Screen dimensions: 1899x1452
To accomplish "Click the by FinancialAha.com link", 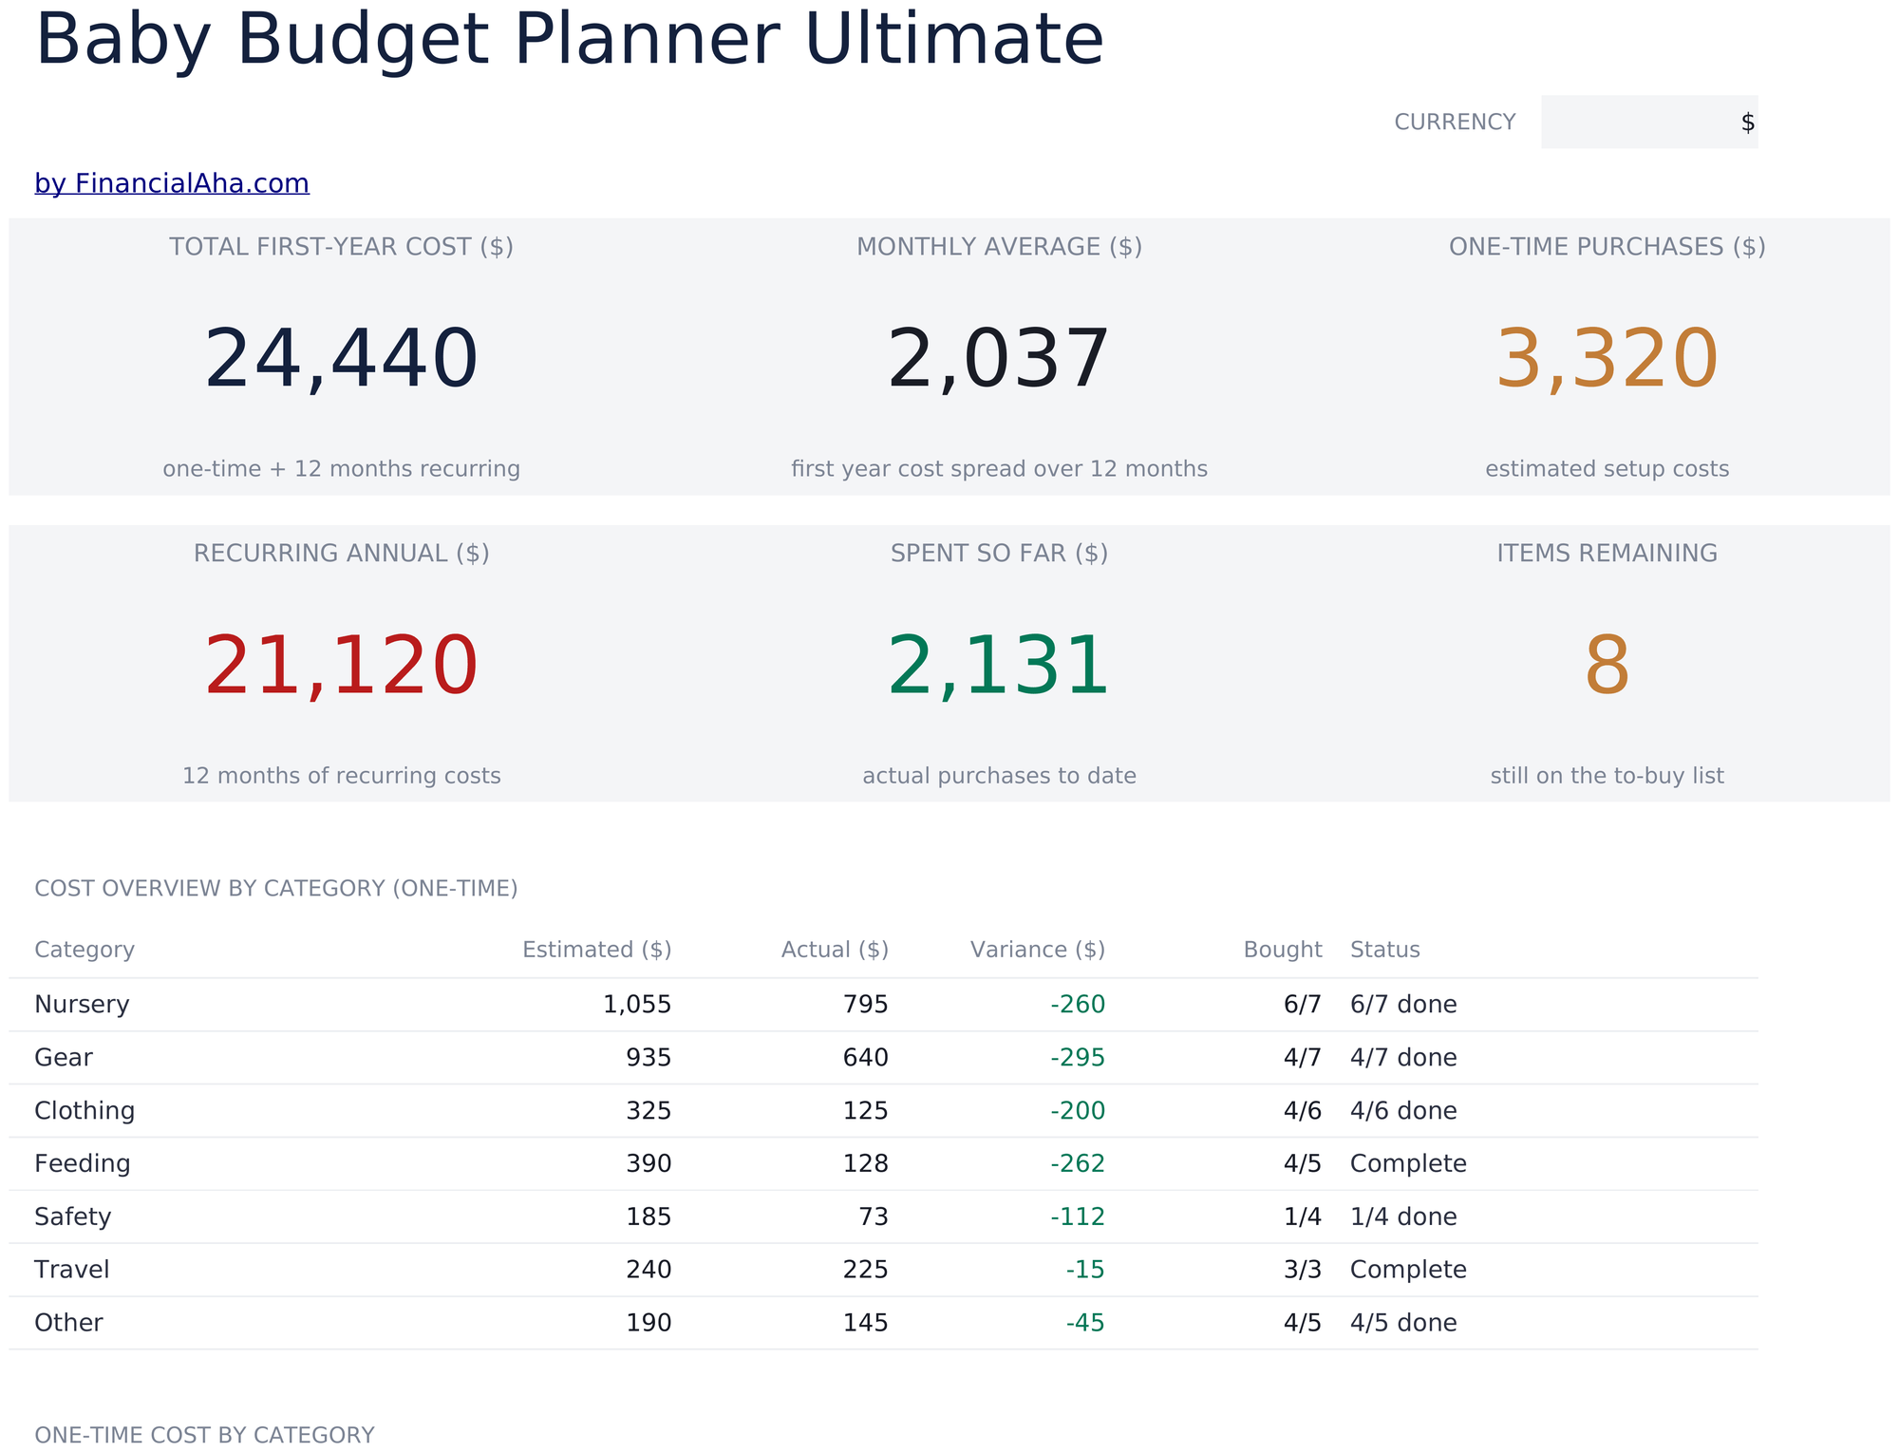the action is (172, 183).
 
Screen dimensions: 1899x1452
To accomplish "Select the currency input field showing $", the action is (1649, 122).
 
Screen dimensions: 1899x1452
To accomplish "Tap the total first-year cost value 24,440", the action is (341, 359).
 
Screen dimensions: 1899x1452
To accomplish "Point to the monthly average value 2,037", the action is (998, 359).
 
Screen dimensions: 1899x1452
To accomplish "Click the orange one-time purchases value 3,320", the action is (1607, 359).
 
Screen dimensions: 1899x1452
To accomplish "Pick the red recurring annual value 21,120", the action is (341, 666).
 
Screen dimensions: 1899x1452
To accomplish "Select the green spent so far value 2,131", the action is (998, 666).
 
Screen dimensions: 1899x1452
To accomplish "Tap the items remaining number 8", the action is (1607, 667).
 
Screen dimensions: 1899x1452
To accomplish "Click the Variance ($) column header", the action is (1038, 950).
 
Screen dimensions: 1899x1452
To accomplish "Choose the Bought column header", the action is (1283, 950).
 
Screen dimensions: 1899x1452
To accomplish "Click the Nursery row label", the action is (82, 1004).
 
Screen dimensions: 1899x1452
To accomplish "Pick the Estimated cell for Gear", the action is (649, 1057).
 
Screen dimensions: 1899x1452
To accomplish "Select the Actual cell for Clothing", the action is (866, 1110).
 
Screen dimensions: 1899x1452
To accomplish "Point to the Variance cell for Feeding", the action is (1078, 1163).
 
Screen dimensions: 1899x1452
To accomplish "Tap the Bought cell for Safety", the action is (1303, 1216).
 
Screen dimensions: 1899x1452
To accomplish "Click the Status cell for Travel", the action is (1408, 1270).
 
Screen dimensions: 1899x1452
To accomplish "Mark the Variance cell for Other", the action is (1085, 1323).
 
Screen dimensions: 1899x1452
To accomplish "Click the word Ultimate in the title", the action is (954, 40).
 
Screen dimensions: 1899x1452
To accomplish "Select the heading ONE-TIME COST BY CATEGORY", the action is (204, 1435).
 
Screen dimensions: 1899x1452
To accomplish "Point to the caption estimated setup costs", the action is (1607, 469).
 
